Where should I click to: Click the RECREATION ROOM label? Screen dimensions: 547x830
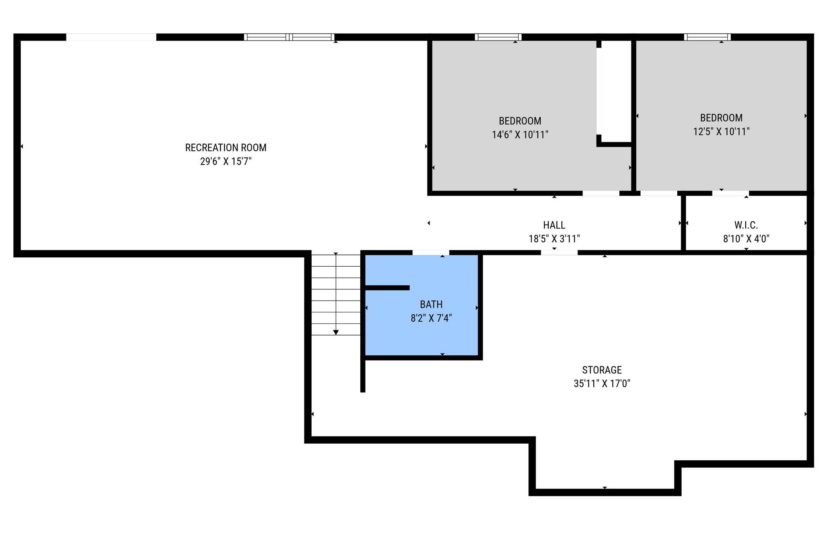point(226,147)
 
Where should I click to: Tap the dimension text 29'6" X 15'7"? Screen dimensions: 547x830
point(226,161)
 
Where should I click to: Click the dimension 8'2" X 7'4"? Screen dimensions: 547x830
point(431,318)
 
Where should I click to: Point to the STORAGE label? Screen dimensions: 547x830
point(602,370)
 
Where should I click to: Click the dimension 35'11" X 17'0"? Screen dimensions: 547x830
point(602,383)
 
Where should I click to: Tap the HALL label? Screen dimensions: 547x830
point(554,225)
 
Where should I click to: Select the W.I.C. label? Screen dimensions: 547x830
point(746,225)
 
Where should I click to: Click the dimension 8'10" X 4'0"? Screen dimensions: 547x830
point(746,239)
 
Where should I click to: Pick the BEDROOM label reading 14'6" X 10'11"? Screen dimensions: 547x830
point(520,121)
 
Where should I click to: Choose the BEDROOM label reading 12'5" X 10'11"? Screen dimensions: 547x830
point(721,118)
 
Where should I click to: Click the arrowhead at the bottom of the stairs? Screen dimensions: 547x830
point(336,332)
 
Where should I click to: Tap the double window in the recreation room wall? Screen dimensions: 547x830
point(289,37)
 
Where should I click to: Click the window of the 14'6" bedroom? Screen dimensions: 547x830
point(498,37)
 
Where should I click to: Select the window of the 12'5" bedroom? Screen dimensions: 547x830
point(707,37)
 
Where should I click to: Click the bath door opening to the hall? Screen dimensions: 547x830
point(431,253)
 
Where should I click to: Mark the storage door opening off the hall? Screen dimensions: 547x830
point(559,253)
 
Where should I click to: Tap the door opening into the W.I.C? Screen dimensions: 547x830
point(730,193)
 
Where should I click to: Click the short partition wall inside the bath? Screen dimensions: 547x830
point(387,288)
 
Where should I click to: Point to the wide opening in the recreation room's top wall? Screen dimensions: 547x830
point(111,37)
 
